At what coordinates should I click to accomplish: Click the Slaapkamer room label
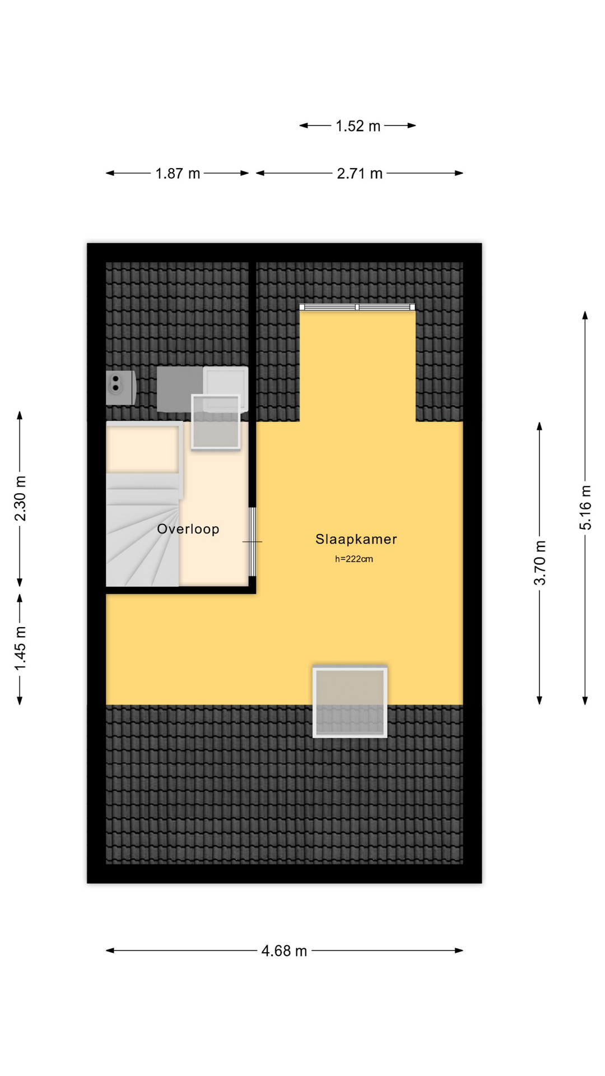(356, 539)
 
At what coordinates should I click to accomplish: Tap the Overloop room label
(188, 529)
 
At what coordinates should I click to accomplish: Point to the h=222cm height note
(354, 559)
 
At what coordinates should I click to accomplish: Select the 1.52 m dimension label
(358, 126)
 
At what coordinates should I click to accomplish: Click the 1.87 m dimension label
(178, 174)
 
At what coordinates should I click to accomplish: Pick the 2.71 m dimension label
(360, 174)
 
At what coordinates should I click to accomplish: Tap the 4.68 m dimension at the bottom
(285, 951)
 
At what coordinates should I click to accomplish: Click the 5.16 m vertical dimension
(585, 507)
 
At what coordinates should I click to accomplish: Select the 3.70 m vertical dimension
(539, 563)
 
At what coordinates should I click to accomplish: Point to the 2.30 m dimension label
(20, 498)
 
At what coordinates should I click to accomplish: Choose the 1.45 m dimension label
(20, 648)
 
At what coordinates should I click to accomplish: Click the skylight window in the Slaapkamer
(350, 701)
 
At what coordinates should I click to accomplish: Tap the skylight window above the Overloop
(216, 422)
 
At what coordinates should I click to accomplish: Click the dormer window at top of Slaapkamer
(357, 307)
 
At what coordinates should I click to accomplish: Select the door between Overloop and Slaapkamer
(252, 542)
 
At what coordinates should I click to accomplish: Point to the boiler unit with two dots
(121, 387)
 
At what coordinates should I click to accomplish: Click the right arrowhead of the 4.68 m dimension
(459, 950)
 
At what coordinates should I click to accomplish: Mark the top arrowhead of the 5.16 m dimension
(585, 316)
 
